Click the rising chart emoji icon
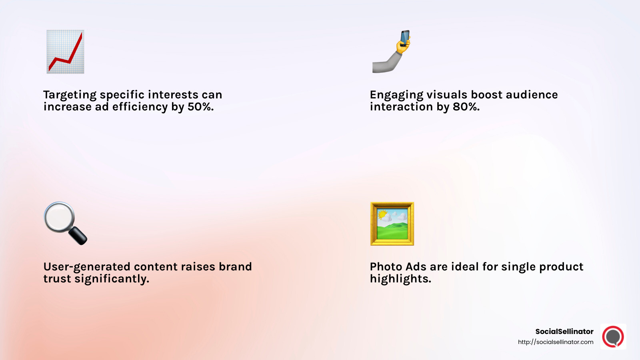click(x=65, y=52)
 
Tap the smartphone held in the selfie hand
click(x=405, y=38)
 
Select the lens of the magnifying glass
click(x=58, y=217)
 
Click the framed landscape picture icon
click(x=392, y=224)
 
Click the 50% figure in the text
click(x=200, y=107)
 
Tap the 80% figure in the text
click(x=466, y=107)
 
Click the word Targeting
click(x=70, y=95)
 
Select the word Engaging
click(x=396, y=95)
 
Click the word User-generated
click(x=87, y=267)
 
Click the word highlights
click(x=400, y=279)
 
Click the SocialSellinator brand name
click(x=564, y=331)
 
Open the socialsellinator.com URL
click(x=555, y=342)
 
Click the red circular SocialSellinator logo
click(x=613, y=336)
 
